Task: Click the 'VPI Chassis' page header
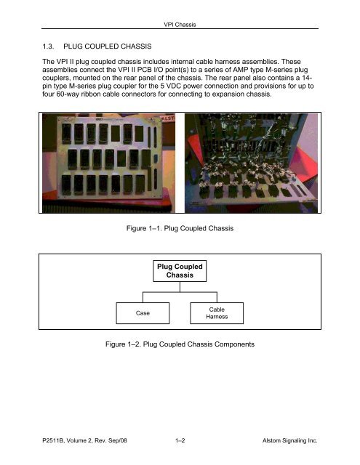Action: click(x=180, y=25)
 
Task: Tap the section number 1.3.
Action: click(x=48, y=46)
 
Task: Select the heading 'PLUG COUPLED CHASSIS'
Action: click(x=108, y=46)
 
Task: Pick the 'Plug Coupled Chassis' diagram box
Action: click(x=180, y=271)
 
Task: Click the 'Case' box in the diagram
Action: click(x=143, y=313)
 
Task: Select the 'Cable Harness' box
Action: click(x=217, y=313)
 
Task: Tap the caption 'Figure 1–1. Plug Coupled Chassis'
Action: click(x=180, y=228)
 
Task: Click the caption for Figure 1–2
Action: click(x=180, y=344)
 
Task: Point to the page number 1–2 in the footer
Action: click(x=180, y=440)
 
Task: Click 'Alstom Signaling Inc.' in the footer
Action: click(x=290, y=440)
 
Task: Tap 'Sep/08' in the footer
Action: click(x=118, y=440)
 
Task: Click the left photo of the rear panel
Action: click(x=108, y=163)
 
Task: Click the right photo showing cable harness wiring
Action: click(x=251, y=163)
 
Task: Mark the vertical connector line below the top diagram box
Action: click(x=180, y=287)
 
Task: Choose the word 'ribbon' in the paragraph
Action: click(x=90, y=94)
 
